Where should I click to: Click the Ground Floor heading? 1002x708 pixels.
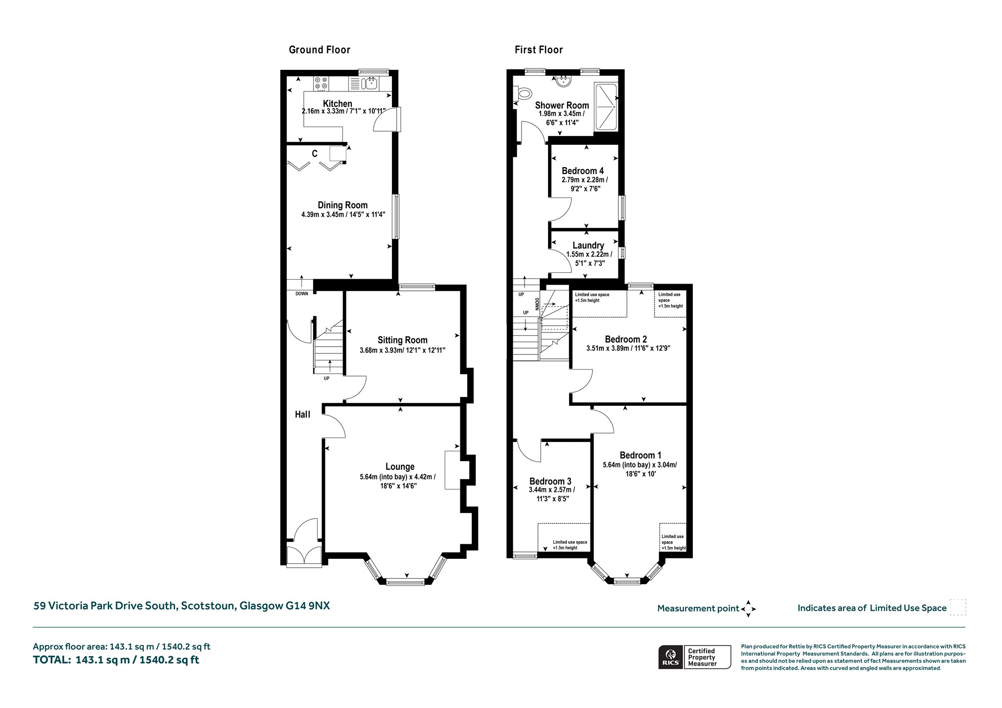tap(319, 50)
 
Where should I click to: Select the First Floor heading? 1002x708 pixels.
tap(539, 50)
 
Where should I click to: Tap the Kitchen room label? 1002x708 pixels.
tap(338, 103)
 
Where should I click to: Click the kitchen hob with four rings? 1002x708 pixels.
tap(321, 83)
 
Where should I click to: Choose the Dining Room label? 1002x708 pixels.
tap(342, 205)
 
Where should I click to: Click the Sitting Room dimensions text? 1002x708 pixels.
tap(403, 351)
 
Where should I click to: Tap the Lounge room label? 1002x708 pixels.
tap(400, 467)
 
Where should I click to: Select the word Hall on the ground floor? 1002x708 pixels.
tap(302, 415)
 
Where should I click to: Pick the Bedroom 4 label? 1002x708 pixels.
tap(583, 171)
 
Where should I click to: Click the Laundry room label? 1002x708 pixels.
tap(588, 245)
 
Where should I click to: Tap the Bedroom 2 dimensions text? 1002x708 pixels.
tap(628, 349)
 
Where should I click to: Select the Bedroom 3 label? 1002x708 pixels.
tap(550, 481)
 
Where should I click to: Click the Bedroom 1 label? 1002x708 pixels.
tap(640, 455)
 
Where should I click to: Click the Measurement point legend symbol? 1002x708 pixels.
tap(749, 609)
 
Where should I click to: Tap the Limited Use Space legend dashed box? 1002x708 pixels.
tap(958, 607)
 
